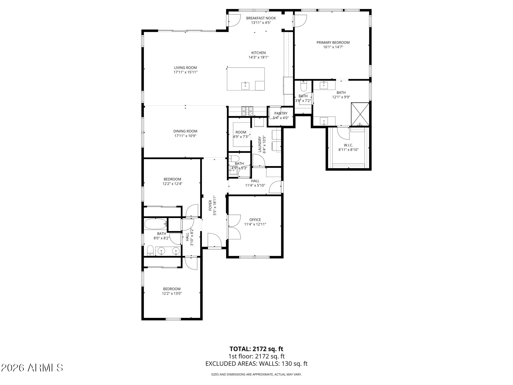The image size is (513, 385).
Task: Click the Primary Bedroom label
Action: coord(333,42)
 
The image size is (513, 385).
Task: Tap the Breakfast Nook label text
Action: coord(261,18)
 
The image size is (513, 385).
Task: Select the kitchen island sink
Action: coord(245,86)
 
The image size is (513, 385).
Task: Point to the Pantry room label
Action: coord(281,113)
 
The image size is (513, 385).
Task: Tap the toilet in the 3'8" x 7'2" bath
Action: coord(303,86)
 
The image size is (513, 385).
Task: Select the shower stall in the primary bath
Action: coord(360,114)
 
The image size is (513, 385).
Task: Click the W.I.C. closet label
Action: coord(348,145)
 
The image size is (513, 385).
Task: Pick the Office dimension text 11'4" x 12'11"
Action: coord(255,224)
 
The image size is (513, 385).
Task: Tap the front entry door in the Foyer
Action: coord(215,241)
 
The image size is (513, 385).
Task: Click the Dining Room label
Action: coord(185,131)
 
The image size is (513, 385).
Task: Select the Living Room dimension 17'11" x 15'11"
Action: coord(185,72)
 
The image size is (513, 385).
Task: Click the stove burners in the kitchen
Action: coord(247,111)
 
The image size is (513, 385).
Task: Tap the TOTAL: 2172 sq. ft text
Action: coord(256,349)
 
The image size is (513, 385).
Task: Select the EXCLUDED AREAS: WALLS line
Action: coord(256,364)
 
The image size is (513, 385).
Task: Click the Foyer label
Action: coord(210,206)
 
